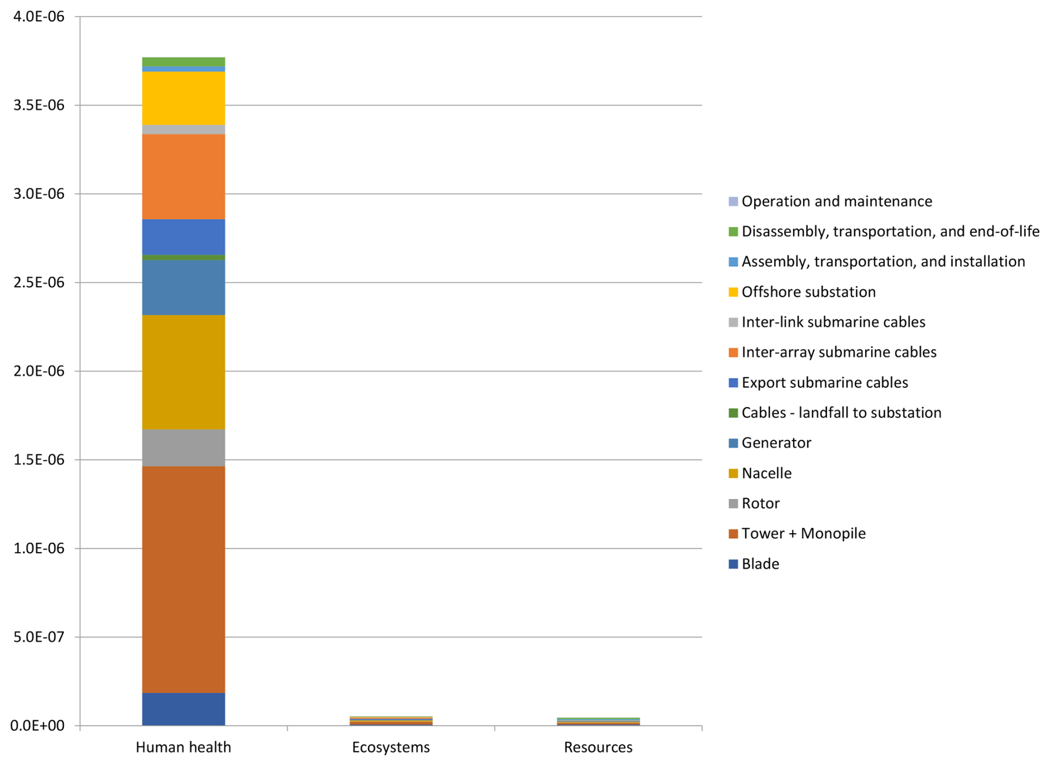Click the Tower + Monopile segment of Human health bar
(183, 579)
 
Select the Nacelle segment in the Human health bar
(183, 372)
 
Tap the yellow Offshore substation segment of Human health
(183, 98)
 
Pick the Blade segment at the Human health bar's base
(183, 709)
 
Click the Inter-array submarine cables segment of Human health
(183, 177)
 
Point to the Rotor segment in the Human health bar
(183, 448)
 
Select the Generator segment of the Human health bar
(183, 288)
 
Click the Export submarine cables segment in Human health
(183, 237)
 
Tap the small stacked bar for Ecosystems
(391, 721)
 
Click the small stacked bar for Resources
(598, 722)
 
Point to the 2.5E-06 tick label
(39, 283)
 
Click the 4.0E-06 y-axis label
(39, 17)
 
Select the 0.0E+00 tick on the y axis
(38, 725)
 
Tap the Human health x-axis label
(183, 748)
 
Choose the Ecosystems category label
(391, 748)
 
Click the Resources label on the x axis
(598, 748)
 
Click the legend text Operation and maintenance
(836, 201)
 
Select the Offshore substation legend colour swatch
(733, 292)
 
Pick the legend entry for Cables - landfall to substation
(841, 413)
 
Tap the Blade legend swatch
(733, 564)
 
